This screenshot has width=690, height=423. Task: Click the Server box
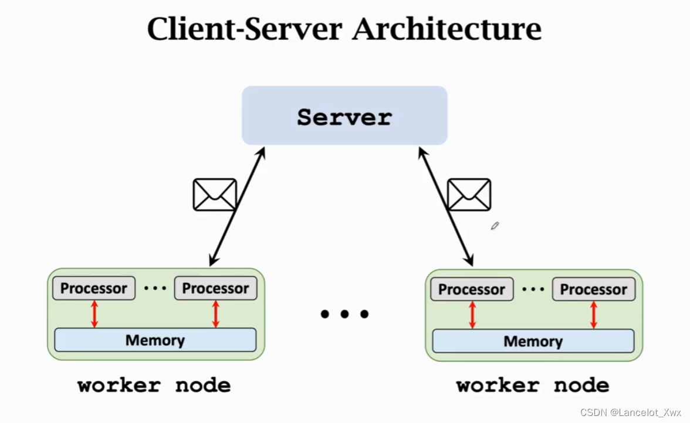click(344, 116)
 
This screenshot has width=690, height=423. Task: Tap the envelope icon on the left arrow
click(215, 195)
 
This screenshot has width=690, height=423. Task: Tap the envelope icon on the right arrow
click(469, 195)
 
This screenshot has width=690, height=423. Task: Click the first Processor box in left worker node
click(94, 289)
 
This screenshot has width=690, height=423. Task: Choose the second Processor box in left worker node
click(215, 289)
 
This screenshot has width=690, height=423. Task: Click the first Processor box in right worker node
click(472, 290)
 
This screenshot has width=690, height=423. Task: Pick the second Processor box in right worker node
click(593, 290)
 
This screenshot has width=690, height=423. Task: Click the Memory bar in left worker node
click(155, 340)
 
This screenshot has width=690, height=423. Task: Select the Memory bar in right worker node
click(533, 341)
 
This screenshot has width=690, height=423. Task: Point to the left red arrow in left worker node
click(94, 314)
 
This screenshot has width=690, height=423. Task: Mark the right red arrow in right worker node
click(593, 315)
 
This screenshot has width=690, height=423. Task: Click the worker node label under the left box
click(154, 385)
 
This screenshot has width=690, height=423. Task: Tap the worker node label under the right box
click(532, 385)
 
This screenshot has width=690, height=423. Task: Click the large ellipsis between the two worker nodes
click(344, 315)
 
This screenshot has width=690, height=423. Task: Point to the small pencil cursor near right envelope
click(495, 226)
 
